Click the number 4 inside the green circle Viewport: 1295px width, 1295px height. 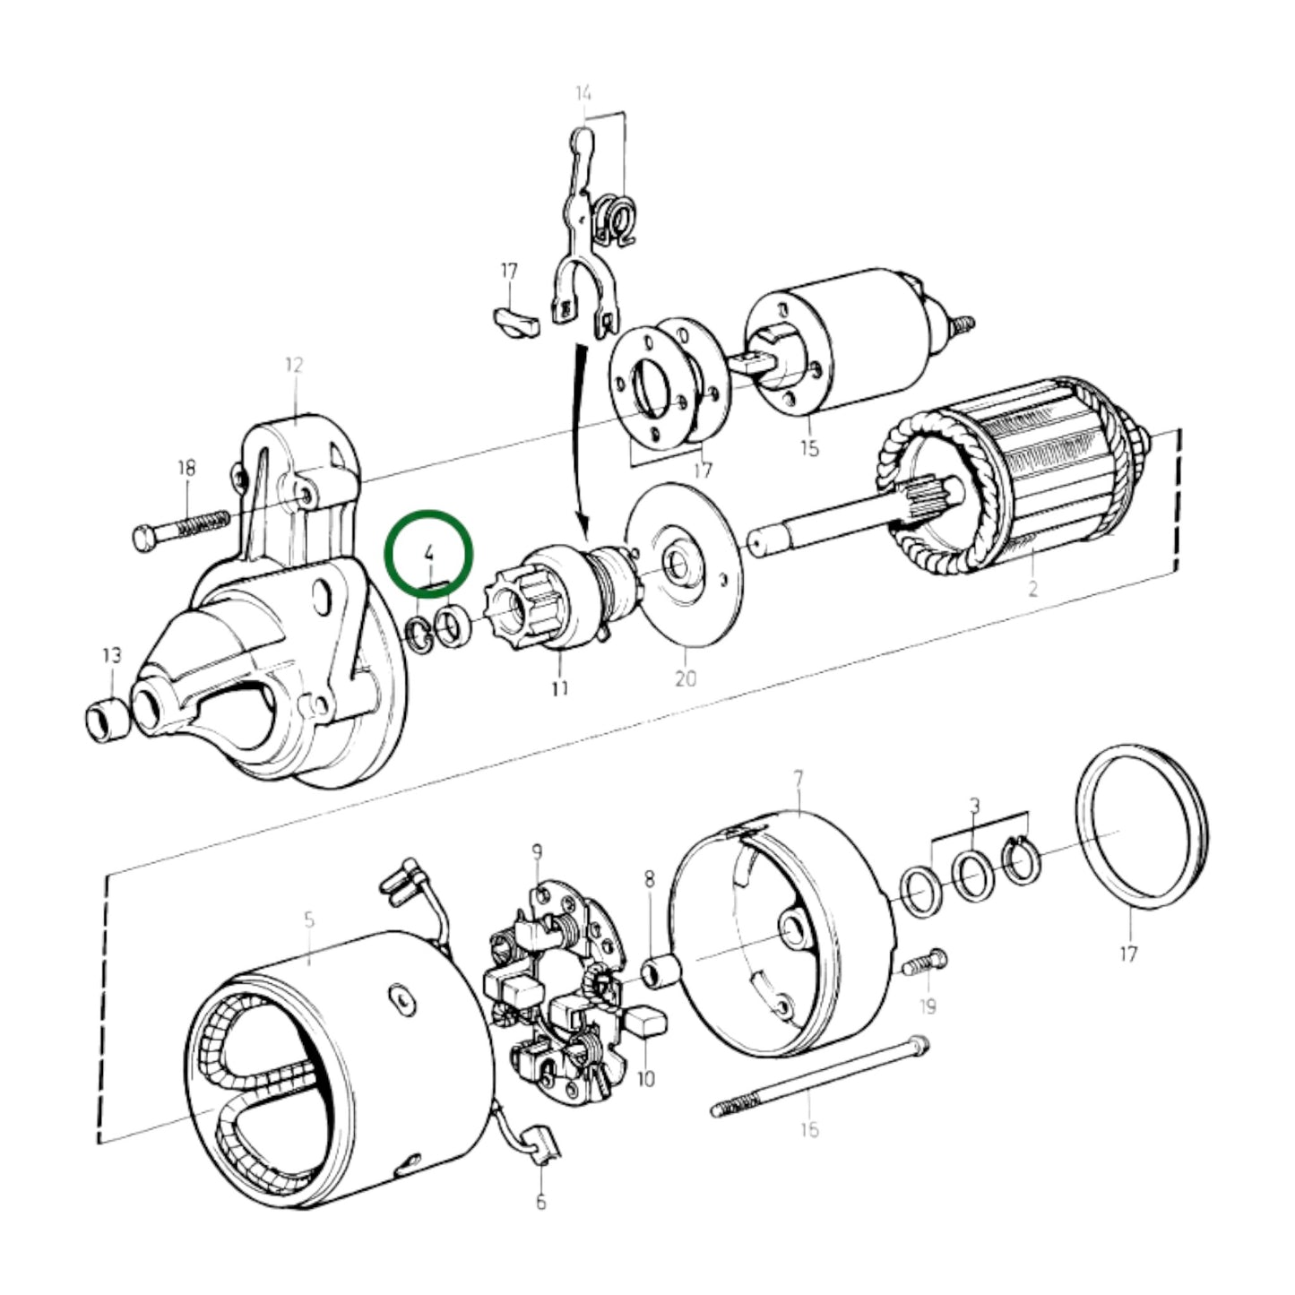[x=429, y=551]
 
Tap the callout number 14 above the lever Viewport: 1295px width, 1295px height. [x=583, y=92]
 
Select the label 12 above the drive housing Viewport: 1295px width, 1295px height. [x=294, y=365]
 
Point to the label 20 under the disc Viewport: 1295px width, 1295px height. [x=685, y=679]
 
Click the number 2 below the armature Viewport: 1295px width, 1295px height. [x=1032, y=589]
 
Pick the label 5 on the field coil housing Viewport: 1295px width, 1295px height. [x=309, y=919]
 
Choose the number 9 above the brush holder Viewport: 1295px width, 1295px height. [x=537, y=850]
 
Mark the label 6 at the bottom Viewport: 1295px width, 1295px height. [x=540, y=1202]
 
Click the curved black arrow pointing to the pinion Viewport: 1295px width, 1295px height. [x=581, y=439]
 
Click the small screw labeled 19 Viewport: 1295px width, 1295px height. [x=922, y=963]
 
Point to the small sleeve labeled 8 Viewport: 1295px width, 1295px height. [x=661, y=972]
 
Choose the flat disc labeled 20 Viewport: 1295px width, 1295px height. [x=686, y=565]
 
